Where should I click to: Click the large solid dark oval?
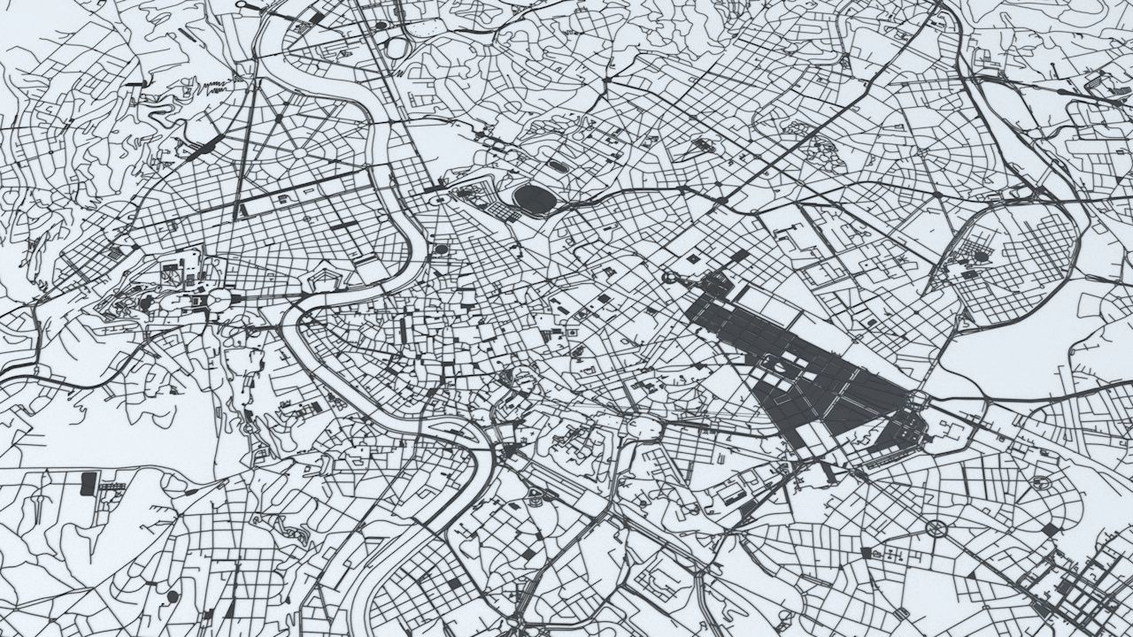click(x=535, y=199)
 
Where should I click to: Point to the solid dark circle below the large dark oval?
click(x=441, y=249)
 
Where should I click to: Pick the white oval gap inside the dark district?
click(x=773, y=360)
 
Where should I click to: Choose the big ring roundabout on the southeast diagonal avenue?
click(x=936, y=529)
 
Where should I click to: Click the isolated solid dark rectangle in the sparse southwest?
click(x=89, y=483)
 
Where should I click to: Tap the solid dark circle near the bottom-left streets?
click(x=172, y=596)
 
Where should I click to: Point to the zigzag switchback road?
click(x=215, y=86)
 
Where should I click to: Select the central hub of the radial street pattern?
click(x=300, y=152)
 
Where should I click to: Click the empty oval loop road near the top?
click(x=396, y=46)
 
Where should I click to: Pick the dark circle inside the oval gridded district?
click(x=982, y=256)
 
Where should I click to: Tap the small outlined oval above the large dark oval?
click(x=559, y=165)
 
